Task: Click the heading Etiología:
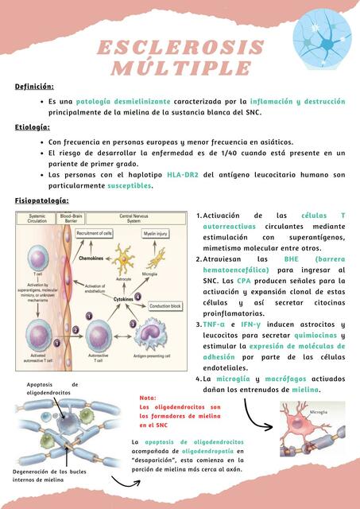[x=33, y=127]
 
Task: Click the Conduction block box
[x=166, y=305]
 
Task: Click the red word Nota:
[x=149, y=397]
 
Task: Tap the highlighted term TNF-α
[x=214, y=324]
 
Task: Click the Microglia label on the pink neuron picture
[x=318, y=412]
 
